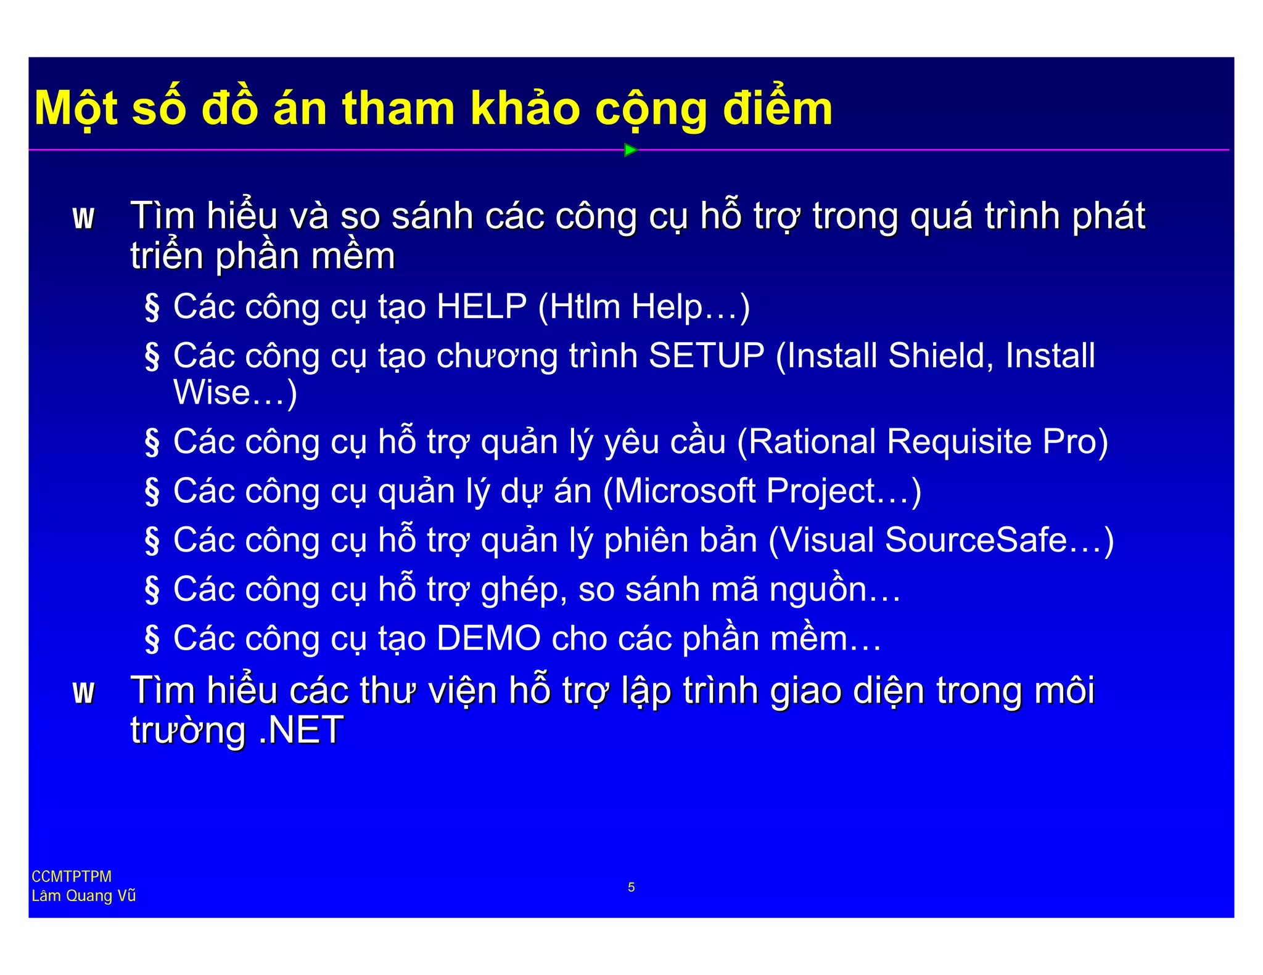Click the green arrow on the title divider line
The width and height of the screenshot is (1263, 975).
(630, 150)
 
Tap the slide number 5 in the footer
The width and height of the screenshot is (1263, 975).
(631, 887)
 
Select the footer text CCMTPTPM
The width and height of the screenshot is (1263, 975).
(72, 876)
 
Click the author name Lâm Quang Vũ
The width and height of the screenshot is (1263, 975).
(83, 895)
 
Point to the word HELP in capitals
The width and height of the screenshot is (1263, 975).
(482, 306)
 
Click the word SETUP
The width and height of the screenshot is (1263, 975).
(707, 356)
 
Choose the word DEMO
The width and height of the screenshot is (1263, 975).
(488, 638)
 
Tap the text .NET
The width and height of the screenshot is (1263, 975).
(301, 730)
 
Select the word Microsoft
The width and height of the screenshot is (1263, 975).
(685, 491)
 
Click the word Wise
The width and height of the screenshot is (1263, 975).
(212, 393)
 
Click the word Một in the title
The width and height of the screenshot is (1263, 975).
(76, 109)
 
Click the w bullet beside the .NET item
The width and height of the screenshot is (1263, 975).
(83, 692)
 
